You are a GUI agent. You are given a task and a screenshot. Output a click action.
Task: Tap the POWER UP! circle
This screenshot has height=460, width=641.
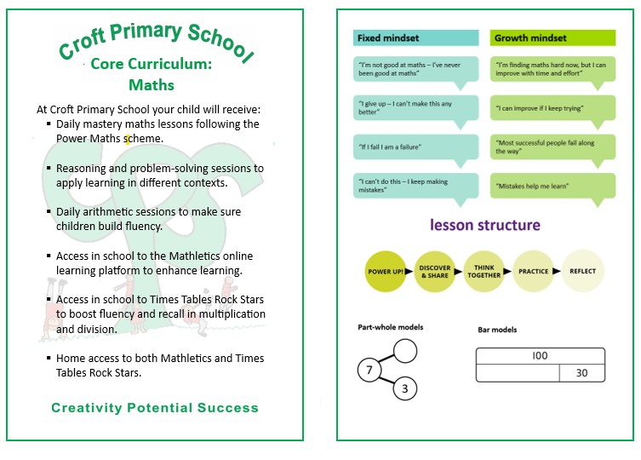(x=386, y=272)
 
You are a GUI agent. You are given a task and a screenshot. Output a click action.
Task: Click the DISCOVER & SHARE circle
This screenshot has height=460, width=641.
(x=434, y=272)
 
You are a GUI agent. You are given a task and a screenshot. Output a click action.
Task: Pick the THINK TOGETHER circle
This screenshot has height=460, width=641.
(x=484, y=272)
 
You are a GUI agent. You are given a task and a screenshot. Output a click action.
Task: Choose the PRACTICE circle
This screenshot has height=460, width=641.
(x=534, y=272)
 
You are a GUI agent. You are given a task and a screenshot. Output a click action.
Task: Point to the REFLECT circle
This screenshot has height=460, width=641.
(x=583, y=272)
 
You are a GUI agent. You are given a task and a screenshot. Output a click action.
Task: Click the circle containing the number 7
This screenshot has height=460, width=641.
(x=370, y=371)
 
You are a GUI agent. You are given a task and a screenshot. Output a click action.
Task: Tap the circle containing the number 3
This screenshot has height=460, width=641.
(x=405, y=388)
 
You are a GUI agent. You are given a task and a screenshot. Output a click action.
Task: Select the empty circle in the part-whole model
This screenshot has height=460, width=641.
(x=405, y=350)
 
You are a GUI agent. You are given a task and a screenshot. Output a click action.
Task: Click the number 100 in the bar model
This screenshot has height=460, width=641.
(x=540, y=356)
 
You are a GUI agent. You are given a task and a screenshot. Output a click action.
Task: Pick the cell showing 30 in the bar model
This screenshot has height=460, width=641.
(x=581, y=373)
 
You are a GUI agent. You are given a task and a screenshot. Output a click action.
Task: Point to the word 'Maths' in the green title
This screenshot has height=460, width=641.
(x=152, y=85)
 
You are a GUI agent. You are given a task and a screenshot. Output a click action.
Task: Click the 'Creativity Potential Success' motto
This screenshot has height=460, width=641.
(x=154, y=408)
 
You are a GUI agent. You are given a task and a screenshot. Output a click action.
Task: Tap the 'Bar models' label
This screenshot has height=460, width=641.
(x=497, y=330)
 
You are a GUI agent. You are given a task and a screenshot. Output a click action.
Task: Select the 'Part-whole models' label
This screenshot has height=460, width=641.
(x=391, y=327)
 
